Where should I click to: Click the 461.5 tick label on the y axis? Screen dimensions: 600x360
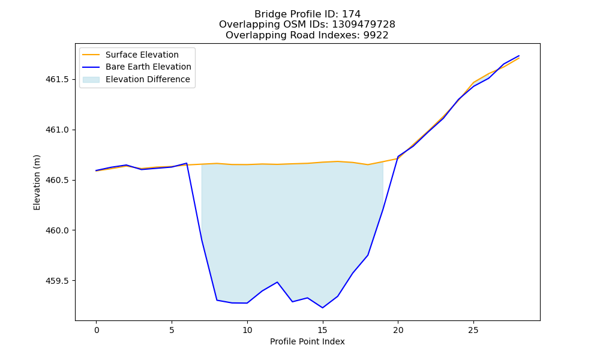point(57,80)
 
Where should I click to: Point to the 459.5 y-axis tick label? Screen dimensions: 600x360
point(57,281)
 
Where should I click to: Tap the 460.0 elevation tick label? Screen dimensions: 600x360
point(57,230)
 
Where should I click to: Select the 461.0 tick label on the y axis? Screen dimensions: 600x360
point(57,130)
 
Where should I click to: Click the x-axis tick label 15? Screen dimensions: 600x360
point(323,330)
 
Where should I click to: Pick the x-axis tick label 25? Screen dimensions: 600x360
point(473,330)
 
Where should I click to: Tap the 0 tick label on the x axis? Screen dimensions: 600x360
point(97,330)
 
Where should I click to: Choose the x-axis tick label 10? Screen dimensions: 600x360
point(247,330)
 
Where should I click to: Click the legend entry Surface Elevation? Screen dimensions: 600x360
point(142,55)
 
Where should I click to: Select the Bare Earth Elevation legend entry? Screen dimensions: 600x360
point(148,67)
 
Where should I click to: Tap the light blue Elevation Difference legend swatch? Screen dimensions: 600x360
point(91,80)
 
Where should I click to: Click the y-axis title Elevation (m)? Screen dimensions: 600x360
point(37,182)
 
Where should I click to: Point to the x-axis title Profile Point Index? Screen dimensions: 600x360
point(307,341)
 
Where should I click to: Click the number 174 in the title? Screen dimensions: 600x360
point(351,14)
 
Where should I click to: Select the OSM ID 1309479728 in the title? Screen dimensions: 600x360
point(364,25)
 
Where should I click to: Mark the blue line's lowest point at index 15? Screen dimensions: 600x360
point(323,308)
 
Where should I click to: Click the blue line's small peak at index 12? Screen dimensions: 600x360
point(277,282)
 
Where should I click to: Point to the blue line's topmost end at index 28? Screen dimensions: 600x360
point(519,56)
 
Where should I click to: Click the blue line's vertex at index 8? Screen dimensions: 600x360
point(217,300)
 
